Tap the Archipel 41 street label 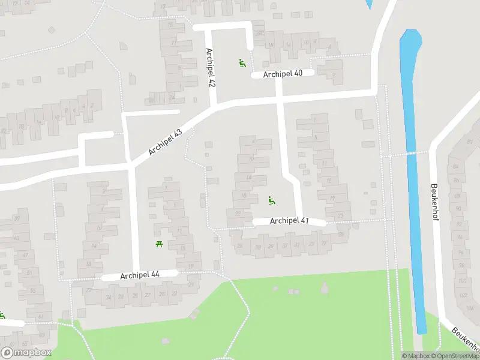(289, 221)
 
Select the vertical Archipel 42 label (211, 67)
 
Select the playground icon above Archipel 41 (271, 200)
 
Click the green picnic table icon (160, 243)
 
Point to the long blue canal (413, 180)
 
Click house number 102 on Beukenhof (461, 296)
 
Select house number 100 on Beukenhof (461, 281)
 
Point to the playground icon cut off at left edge (2, 316)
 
